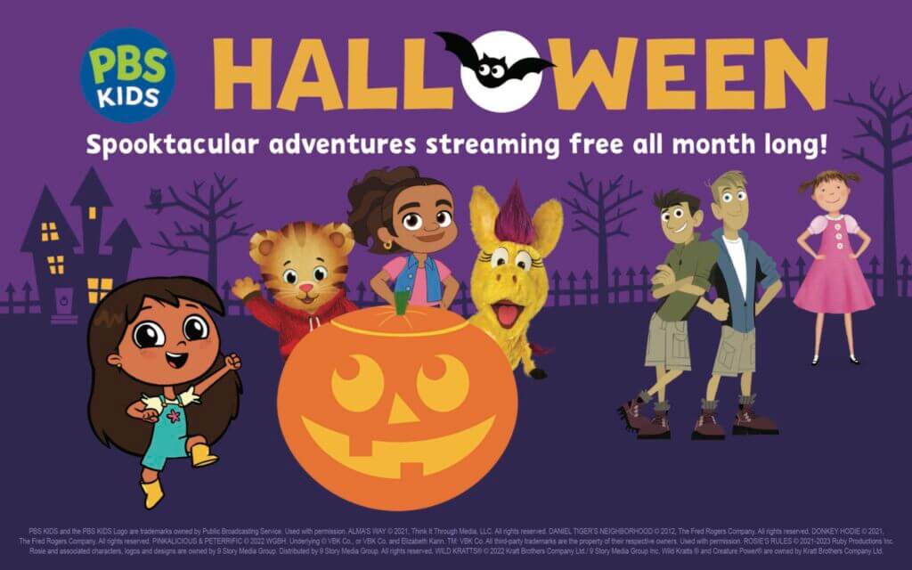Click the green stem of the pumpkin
click(401, 304)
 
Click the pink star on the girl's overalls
click(171, 417)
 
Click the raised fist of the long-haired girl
click(234, 362)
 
